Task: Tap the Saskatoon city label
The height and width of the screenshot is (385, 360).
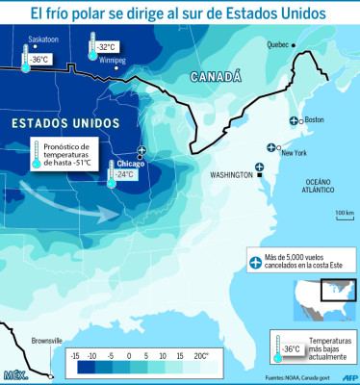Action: [43, 40]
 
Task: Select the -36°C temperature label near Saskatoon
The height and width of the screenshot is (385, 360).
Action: [39, 59]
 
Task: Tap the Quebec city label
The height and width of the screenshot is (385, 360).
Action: [276, 44]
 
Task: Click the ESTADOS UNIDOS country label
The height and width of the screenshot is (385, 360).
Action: [65, 124]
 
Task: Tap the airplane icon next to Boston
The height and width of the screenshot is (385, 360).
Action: [294, 119]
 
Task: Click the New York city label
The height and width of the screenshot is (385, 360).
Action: [294, 153]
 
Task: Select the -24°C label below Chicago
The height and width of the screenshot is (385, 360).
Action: [125, 174]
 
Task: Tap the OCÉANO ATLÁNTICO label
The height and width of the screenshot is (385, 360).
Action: [319, 186]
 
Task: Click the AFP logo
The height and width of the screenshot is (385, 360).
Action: [351, 377]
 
